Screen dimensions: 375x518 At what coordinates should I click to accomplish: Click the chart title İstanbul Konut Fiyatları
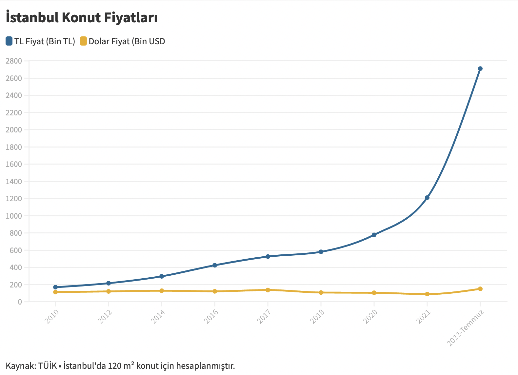coord(82,18)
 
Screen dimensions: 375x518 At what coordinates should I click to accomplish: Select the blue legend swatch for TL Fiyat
coord(9,41)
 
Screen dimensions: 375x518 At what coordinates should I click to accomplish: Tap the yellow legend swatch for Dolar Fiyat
coord(84,41)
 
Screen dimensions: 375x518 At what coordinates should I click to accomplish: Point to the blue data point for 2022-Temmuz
coord(480,69)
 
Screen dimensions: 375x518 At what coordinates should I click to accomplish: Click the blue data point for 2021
coord(427,198)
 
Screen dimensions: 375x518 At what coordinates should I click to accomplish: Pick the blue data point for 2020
coord(374,235)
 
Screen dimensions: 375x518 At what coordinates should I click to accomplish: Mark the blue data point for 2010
coord(55,287)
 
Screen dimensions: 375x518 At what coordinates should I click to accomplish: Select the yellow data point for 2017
coord(268,290)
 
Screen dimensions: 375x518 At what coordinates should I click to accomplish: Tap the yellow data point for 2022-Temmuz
coord(480,289)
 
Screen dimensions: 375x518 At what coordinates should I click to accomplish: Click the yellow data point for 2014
coord(162,291)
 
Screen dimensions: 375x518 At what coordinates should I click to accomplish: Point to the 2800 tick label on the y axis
coord(14,61)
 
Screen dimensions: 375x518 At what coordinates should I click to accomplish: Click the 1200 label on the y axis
coord(14,199)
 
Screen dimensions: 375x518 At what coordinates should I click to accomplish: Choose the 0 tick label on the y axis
coord(20,302)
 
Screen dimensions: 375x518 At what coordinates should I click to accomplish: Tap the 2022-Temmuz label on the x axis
coord(466,328)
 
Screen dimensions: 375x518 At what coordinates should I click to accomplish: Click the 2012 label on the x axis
coord(105,317)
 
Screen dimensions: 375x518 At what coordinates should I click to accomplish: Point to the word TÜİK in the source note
coord(48,366)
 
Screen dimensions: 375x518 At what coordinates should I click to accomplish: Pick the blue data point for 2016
coord(215,265)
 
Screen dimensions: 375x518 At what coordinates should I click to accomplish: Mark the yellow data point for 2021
coord(427,294)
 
